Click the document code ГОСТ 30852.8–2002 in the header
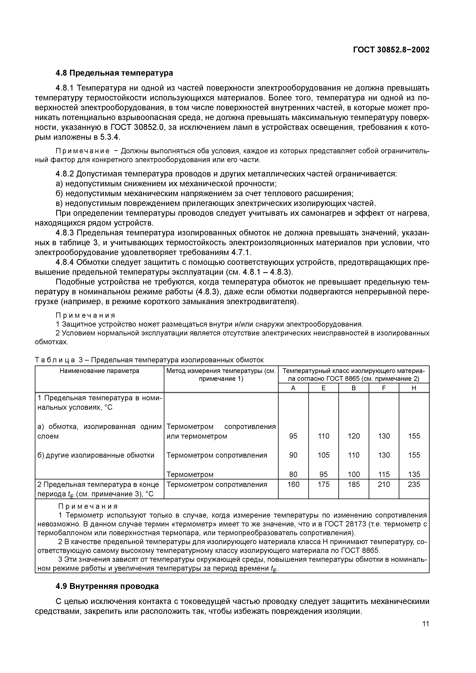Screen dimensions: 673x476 point(391,50)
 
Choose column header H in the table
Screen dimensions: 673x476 point(414,388)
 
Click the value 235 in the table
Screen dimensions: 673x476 point(414,484)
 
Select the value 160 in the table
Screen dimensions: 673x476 point(293,484)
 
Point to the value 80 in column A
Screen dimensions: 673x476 point(293,474)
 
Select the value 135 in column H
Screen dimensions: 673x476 point(414,474)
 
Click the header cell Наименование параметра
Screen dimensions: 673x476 point(99,371)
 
